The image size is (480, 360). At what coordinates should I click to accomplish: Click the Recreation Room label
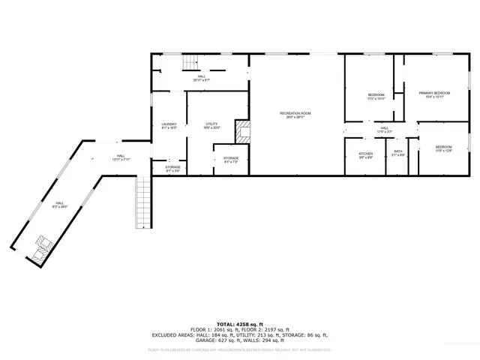coord(295,115)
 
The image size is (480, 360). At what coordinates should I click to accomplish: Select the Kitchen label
coord(365,154)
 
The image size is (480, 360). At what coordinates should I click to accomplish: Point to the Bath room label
coord(398,153)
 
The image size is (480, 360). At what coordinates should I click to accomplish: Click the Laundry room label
coord(169,126)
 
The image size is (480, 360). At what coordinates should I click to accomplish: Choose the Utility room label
coord(211,125)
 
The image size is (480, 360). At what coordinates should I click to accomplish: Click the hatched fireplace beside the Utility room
coord(242,132)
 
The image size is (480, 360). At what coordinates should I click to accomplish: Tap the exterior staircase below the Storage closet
coord(143,202)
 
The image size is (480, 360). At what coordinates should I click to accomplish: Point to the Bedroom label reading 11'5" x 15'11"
coord(376,97)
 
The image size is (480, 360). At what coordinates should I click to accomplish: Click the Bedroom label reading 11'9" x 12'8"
coord(444,148)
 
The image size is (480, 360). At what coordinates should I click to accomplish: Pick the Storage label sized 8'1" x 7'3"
coord(230,159)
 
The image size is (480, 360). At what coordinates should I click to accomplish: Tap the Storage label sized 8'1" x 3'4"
coord(172,169)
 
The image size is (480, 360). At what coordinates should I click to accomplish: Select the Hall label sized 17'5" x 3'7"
coord(383,130)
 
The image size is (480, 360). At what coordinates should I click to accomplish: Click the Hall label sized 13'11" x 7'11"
coord(120,157)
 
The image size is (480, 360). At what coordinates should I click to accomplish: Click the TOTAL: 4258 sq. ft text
coord(239,324)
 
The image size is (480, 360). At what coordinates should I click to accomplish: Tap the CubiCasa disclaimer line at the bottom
coord(239,349)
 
